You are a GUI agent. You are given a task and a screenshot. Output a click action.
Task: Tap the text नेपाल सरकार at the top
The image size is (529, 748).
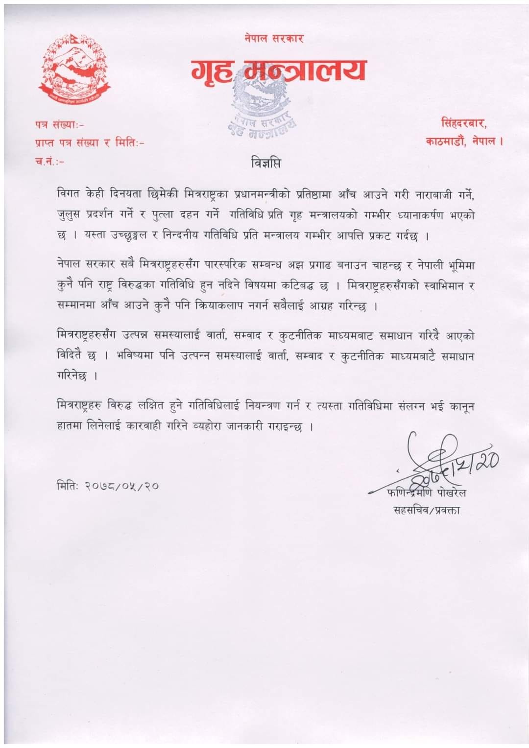(x=274, y=38)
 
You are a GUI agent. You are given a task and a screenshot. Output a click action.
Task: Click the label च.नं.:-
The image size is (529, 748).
(x=49, y=161)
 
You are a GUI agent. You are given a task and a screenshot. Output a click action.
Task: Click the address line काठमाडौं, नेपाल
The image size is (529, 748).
(x=464, y=141)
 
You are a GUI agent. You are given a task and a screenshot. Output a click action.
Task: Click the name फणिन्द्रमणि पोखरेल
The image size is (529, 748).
(x=426, y=492)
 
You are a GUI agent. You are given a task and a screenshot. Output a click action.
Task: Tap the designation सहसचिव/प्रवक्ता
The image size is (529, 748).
(x=427, y=510)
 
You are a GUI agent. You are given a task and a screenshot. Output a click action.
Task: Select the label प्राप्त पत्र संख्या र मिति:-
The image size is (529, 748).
(x=89, y=142)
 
